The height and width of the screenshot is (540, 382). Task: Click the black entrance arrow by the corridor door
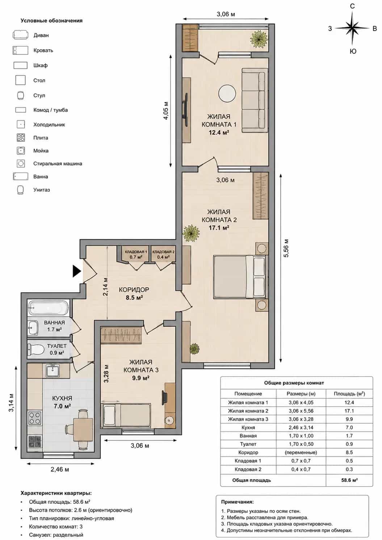pyautogui.click(x=77, y=271)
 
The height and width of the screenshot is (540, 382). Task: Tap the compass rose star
pyautogui.click(x=352, y=28)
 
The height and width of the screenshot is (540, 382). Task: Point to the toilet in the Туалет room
pyautogui.click(x=36, y=349)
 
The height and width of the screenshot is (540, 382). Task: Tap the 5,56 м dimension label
pyautogui.click(x=286, y=248)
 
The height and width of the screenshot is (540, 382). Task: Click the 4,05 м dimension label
pyautogui.click(x=166, y=111)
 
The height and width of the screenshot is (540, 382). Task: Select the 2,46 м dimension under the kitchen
pyautogui.click(x=59, y=469)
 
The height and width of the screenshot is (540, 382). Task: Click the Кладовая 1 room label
pyautogui.click(x=136, y=252)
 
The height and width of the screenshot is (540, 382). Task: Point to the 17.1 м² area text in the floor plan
pyautogui.click(x=219, y=227)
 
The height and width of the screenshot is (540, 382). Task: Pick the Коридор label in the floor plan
pyautogui.click(x=134, y=289)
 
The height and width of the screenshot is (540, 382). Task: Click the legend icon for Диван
pyautogui.click(x=21, y=35)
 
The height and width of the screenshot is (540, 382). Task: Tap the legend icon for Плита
pyautogui.click(x=21, y=138)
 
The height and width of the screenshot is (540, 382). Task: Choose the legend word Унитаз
pyautogui.click(x=41, y=190)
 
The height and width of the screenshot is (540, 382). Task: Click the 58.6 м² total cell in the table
pyautogui.click(x=349, y=480)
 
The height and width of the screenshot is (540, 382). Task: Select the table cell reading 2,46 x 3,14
pyautogui.click(x=301, y=427)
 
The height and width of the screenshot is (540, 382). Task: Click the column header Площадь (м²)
pyautogui.click(x=349, y=394)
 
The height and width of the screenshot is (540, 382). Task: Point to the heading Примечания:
pyautogui.click(x=238, y=502)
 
